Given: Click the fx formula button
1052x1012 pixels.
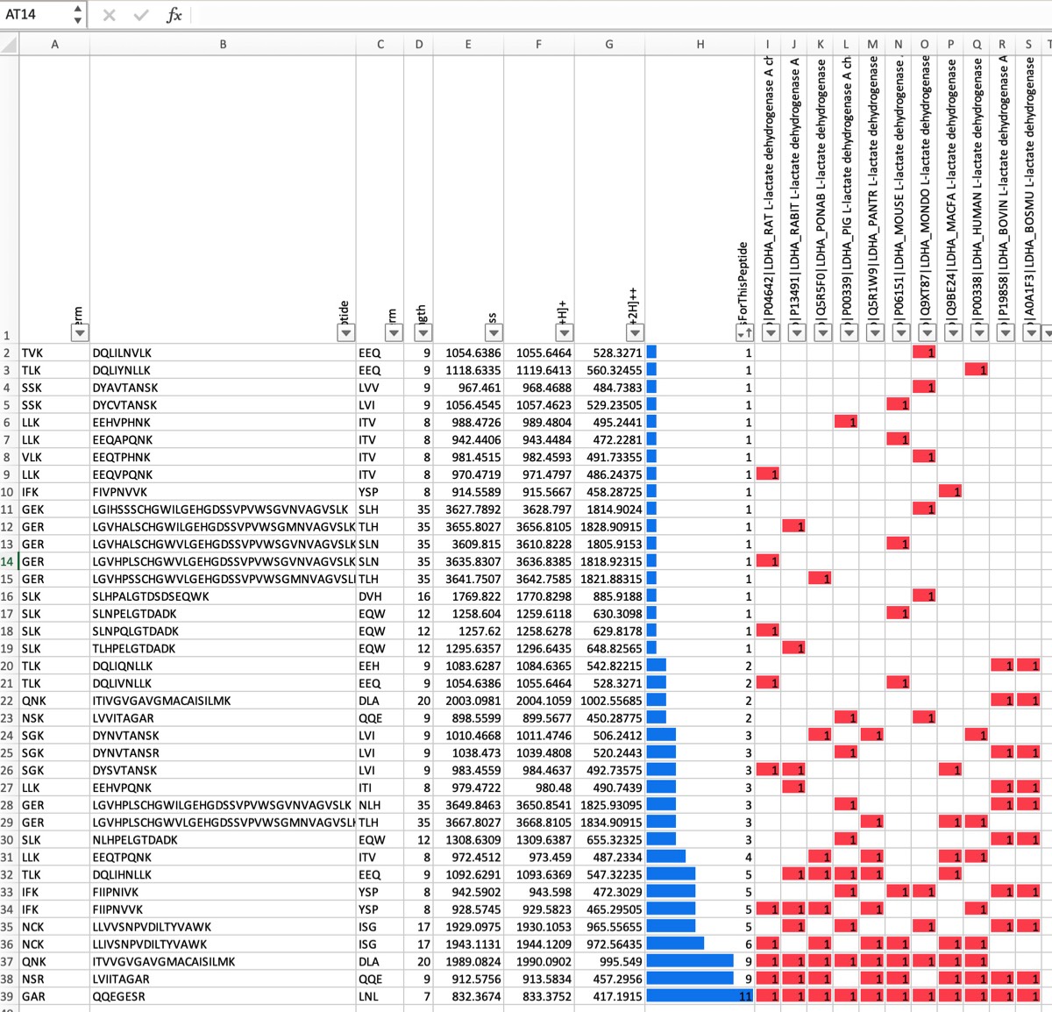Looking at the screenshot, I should (x=174, y=15).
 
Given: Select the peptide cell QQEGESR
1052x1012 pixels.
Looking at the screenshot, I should (x=119, y=996).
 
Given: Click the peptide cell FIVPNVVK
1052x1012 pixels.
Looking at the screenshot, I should (x=120, y=492).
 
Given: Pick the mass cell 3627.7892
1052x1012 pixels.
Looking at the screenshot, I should (x=473, y=510).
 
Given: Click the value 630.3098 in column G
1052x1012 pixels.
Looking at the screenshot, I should (x=617, y=614).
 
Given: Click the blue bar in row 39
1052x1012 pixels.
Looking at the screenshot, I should (x=699, y=996).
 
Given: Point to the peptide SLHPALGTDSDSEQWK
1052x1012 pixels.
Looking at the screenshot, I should (x=151, y=596).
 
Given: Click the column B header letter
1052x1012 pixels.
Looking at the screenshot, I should (x=223, y=44).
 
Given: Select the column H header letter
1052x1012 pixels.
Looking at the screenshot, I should (x=700, y=44).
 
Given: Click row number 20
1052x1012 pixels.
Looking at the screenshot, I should (x=8, y=666).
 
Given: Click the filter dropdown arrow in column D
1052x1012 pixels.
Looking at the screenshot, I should (x=423, y=332).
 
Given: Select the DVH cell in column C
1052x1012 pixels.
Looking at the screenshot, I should (x=370, y=596).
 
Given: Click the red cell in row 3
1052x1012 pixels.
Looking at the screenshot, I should (x=977, y=370).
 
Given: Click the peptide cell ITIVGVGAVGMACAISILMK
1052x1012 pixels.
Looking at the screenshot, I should (x=161, y=701).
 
